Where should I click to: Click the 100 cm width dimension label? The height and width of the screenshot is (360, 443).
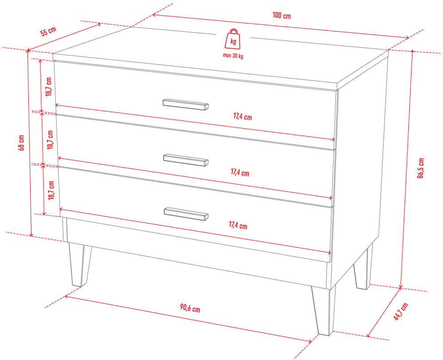[282, 15]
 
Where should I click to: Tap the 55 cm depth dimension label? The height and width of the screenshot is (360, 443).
[48, 31]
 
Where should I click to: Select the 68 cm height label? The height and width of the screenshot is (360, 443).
[21, 143]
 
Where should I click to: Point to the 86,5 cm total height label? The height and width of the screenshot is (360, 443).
[421, 168]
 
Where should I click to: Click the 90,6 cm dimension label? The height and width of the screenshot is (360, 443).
[190, 308]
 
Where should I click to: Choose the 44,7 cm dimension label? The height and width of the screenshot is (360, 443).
[401, 311]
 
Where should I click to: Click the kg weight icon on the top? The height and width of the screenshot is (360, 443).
[233, 39]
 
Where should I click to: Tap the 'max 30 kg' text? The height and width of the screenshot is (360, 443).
[233, 56]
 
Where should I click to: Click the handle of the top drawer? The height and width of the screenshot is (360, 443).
[186, 105]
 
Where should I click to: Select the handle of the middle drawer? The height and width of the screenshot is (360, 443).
[186, 160]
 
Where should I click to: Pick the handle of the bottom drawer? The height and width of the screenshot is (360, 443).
[186, 214]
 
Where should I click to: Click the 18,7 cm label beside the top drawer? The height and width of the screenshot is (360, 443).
[49, 87]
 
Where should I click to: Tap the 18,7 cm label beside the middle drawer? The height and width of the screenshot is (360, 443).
[50, 140]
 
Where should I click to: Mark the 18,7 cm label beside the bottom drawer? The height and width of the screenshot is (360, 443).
[51, 190]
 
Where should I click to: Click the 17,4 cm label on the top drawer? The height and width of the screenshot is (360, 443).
[242, 116]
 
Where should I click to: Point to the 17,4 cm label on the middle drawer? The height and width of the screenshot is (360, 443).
[240, 172]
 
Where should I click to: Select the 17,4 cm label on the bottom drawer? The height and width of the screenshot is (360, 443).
[238, 225]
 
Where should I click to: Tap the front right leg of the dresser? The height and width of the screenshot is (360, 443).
[324, 310]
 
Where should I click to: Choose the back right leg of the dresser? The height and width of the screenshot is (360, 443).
[363, 268]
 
